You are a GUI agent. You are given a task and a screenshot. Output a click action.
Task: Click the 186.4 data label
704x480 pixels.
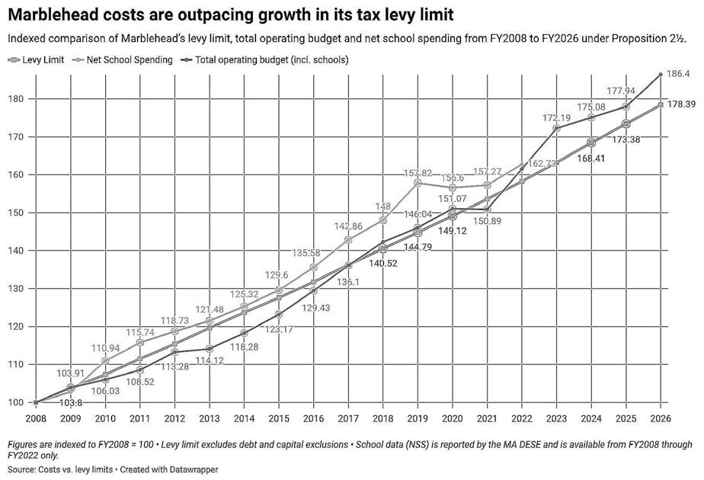pyautogui.click(x=679, y=74)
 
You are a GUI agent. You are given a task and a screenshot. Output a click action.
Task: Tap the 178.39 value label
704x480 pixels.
pyautogui.click(x=681, y=104)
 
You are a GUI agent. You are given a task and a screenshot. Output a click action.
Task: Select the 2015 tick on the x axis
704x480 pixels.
pyautogui.click(x=279, y=418)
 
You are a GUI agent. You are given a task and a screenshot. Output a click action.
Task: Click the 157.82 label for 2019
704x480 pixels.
pyautogui.click(x=418, y=174)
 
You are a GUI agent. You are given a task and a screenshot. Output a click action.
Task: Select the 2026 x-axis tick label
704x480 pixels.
pyautogui.click(x=660, y=418)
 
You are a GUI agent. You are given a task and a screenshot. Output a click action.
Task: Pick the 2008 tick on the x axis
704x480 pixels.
pyautogui.click(x=36, y=418)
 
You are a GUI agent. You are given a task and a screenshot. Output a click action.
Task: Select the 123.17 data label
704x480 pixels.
pyautogui.click(x=279, y=330)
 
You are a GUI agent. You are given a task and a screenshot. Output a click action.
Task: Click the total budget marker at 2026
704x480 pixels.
pyautogui.click(x=660, y=74)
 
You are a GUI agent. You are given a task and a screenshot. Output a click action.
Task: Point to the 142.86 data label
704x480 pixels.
pyautogui.click(x=348, y=226)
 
